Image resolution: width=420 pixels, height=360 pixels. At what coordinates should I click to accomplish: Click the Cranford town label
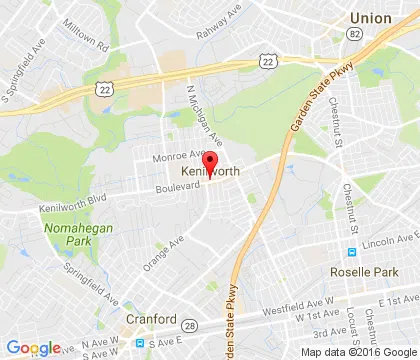coord(151,320)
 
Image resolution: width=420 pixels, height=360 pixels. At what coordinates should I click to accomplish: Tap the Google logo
coord(32,348)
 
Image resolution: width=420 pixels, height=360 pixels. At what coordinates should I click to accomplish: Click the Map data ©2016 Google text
coord(367,352)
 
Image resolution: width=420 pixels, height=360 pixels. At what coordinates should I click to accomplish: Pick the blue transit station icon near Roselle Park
coord(352,252)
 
